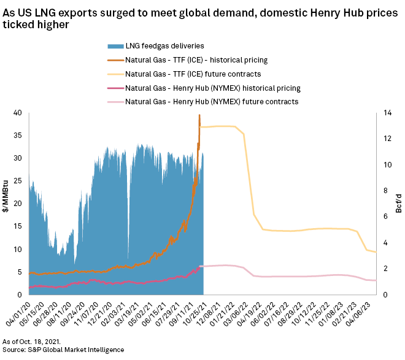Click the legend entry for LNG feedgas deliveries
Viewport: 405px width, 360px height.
click(x=164, y=46)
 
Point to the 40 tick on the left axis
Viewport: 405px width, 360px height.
click(x=18, y=113)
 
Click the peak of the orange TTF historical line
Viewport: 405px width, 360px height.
click(x=199, y=115)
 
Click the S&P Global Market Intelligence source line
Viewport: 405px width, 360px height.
click(x=63, y=350)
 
